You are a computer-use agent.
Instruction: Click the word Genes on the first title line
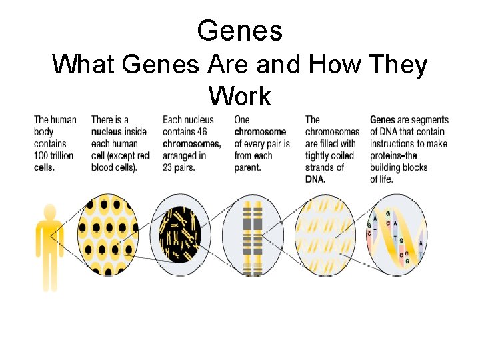tap(240, 31)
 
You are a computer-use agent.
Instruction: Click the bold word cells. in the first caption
tap(45, 167)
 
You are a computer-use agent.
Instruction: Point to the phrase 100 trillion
tap(55, 155)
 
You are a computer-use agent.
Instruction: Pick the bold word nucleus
tap(107, 132)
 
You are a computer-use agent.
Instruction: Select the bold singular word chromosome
tap(260, 132)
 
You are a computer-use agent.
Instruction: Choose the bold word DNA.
tap(316, 179)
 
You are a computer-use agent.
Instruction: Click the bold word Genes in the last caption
tap(383, 120)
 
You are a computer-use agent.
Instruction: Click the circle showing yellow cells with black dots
tap(109, 236)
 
